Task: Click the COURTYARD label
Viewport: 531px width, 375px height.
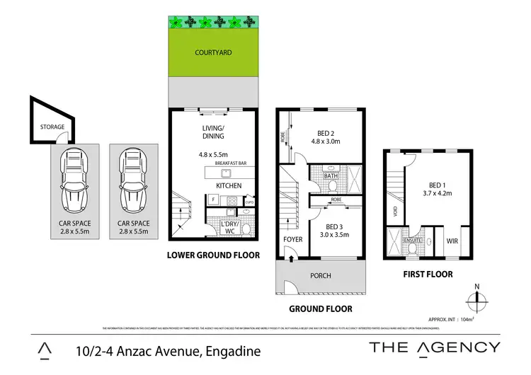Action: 213,52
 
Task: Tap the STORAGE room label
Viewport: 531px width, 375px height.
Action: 52,127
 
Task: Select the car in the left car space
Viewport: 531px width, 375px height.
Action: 74,181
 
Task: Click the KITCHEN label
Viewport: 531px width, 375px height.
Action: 228,186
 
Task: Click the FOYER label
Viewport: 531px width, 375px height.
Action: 292,240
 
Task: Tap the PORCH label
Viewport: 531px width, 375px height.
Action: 321,276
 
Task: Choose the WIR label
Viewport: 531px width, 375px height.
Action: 453,241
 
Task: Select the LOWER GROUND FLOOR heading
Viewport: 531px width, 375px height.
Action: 213,255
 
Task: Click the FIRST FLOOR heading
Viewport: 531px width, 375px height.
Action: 428,274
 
